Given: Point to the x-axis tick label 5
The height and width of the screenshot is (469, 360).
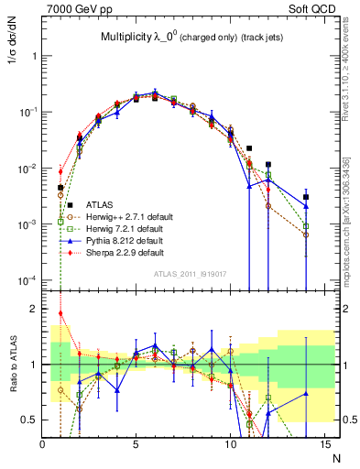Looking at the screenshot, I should [136, 444].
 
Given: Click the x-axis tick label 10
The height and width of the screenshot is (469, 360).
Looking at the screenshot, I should [228, 444].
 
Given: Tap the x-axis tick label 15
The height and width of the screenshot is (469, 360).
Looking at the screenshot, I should [322, 444].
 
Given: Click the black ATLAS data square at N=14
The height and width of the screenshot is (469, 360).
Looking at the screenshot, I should [306, 197].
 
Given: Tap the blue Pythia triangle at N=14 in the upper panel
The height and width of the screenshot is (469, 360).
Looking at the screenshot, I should [306, 205].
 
